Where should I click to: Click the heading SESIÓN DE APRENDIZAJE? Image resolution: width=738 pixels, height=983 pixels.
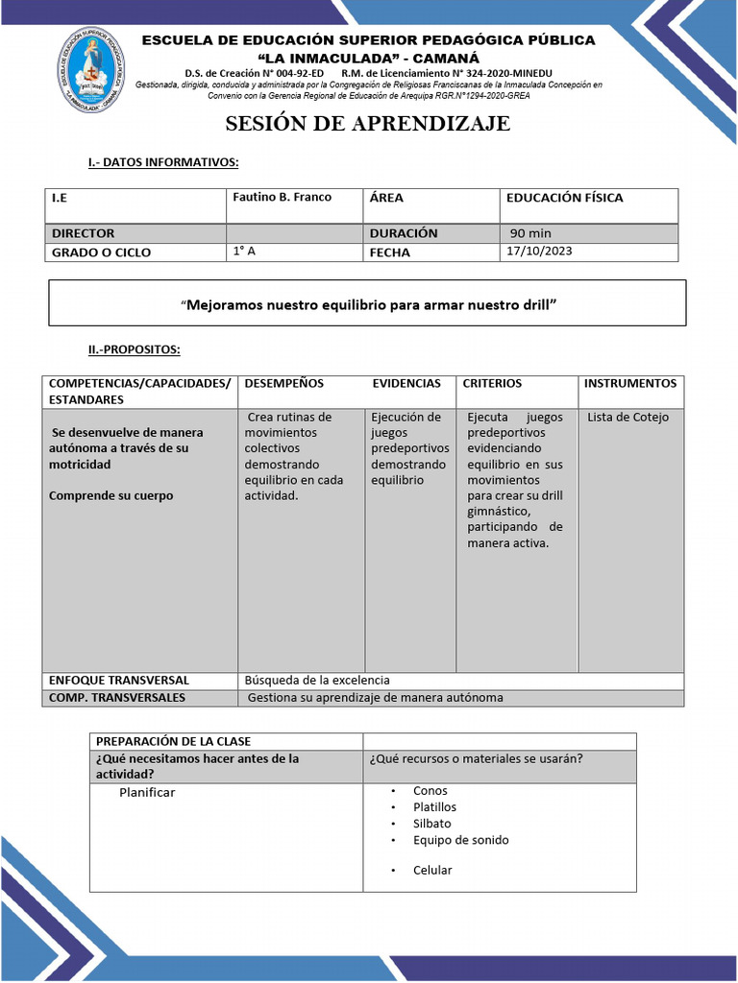pyautogui.click(x=368, y=124)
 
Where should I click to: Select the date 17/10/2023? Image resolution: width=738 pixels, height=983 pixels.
pyautogui.click(x=539, y=252)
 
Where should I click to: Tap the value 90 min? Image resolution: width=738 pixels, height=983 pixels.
pyautogui.click(x=530, y=233)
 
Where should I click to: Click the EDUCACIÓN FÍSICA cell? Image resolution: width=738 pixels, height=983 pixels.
pyautogui.click(x=564, y=198)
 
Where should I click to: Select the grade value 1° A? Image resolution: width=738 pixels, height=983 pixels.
pyautogui.click(x=244, y=252)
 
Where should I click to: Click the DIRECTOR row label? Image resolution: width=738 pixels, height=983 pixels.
pyautogui.click(x=83, y=233)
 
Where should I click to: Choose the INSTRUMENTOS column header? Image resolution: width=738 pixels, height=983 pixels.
pyautogui.click(x=630, y=383)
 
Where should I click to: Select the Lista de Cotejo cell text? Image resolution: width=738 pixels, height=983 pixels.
pyautogui.click(x=627, y=417)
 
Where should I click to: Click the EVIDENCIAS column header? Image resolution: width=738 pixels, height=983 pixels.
pyautogui.click(x=406, y=383)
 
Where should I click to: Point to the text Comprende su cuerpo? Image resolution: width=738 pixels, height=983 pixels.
pyautogui.click(x=111, y=496)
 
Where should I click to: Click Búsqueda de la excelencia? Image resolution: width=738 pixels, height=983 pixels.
pyautogui.click(x=318, y=680)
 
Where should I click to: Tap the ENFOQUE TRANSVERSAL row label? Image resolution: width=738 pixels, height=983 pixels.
pyautogui.click(x=118, y=680)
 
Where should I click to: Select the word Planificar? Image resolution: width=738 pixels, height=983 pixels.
pyautogui.click(x=147, y=792)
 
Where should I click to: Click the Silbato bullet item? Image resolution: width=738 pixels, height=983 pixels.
pyautogui.click(x=431, y=824)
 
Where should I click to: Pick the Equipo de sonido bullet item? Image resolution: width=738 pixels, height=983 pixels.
pyautogui.click(x=460, y=840)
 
